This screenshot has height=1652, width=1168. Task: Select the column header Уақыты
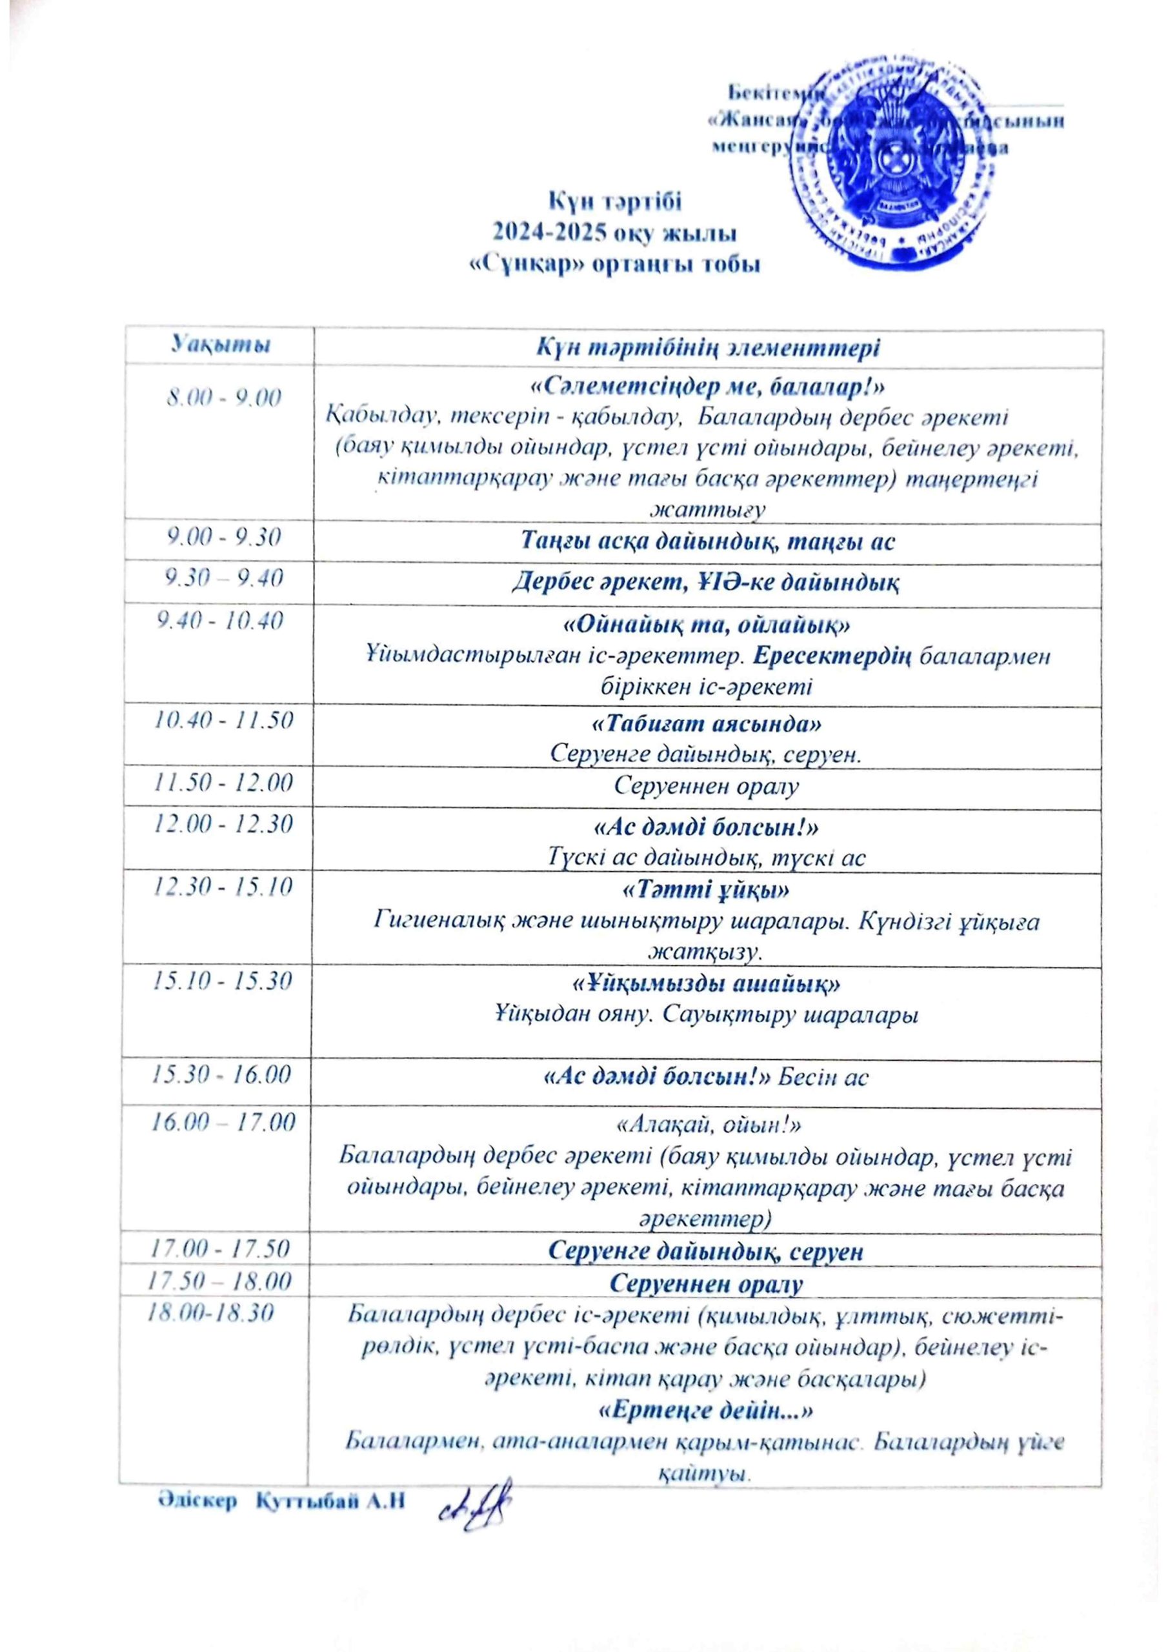[x=221, y=345]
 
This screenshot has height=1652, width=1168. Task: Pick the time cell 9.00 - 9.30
[x=224, y=538]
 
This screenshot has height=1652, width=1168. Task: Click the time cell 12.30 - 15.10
[x=224, y=886]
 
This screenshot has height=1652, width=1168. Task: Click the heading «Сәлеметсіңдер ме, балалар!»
[x=707, y=387]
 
